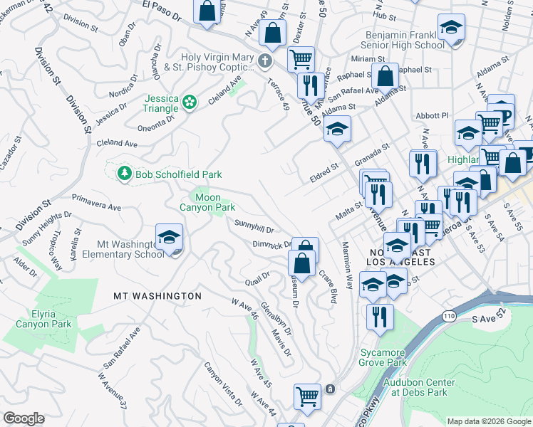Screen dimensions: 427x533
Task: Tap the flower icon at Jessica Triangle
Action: click(190, 103)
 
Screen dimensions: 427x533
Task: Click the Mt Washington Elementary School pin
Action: click(169, 238)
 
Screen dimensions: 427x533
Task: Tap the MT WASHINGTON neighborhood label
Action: click(157, 295)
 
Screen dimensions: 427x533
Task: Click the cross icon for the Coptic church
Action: click(265, 61)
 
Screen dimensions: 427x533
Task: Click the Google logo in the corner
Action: click(24, 418)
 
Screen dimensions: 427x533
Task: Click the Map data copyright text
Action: click(488, 421)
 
